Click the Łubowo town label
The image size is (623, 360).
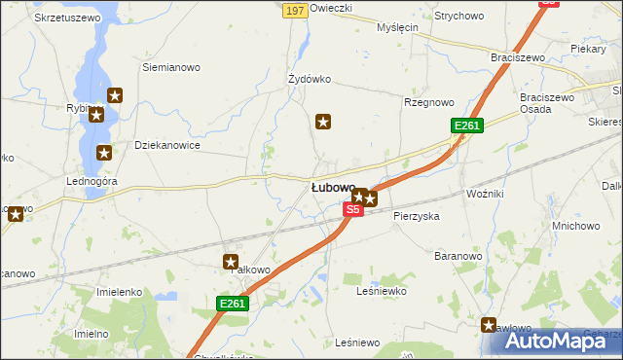point(332,187)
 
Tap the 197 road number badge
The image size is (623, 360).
point(296,10)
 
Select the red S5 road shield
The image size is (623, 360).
point(353,209)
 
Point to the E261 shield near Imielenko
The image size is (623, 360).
point(233,305)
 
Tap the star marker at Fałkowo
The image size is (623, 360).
point(231,261)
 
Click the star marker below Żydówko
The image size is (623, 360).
point(323,122)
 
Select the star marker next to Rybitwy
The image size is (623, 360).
point(95,116)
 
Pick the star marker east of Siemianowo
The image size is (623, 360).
point(115,95)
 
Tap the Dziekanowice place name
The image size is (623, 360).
point(167,145)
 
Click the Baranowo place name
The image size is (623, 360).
point(458,256)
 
